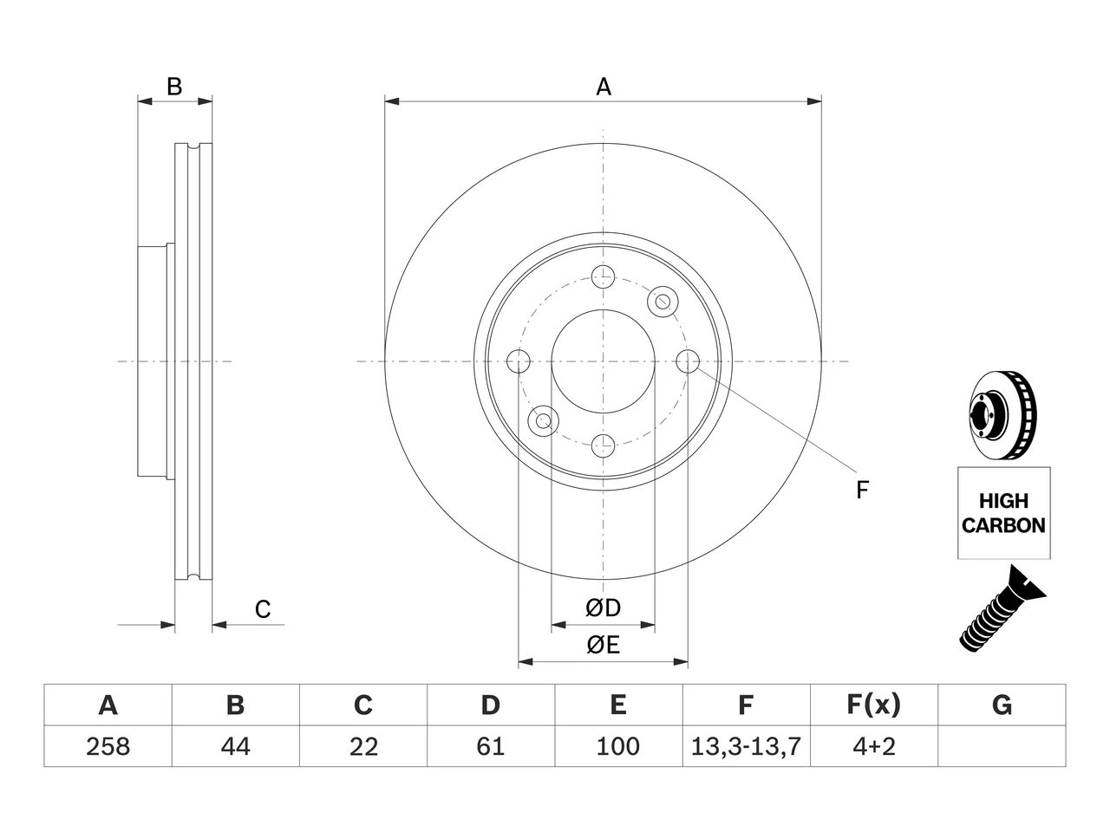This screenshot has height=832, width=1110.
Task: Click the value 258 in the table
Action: pyautogui.click(x=108, y=746)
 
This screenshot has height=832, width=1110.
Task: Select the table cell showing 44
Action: pyautogui.click(x=235, y=746)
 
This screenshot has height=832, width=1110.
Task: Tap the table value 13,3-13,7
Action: pyautogui.click(x=746, y=746)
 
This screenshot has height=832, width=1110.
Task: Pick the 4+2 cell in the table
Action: pyautogui.click(x=874, y=746)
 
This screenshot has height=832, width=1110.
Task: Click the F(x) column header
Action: pyautogui.click(x=874, y=705)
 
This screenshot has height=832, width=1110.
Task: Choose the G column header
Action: pyautogui.click(x=1002, y=705)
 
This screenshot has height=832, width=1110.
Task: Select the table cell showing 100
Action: pyautogui.click(x=618, y=746)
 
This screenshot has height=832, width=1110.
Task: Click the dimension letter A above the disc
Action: pyautogui.click(x=604, y=87)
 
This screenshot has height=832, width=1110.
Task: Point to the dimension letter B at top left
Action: pyautogui.click(x=174, y=87)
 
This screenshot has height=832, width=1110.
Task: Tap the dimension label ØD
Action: pyautogui.click(x=603, y=608)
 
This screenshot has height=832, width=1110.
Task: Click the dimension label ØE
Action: pyautogui.click(x=603, y=645)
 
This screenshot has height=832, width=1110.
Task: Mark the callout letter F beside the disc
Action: pyautogui.click(x=862, y=490)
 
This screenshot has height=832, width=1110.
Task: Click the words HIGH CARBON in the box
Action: pyautogui.click(x=1003, y=513)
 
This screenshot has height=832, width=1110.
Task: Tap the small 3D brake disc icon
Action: pyautogui.click(x=1002, y=416)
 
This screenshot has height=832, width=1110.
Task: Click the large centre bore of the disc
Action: pyautogui.click(x=603, y=361)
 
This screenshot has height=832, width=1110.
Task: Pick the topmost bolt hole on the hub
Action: pyautogui.click(x=603, y=276)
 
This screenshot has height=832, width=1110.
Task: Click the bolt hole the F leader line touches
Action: pyautogui.click(x=688, y=361)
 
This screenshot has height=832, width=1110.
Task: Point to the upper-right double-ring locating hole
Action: pyautogui.click(x=663, y=302)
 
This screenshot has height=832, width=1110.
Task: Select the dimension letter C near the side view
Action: pyautogui.click(x=263, y=609)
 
